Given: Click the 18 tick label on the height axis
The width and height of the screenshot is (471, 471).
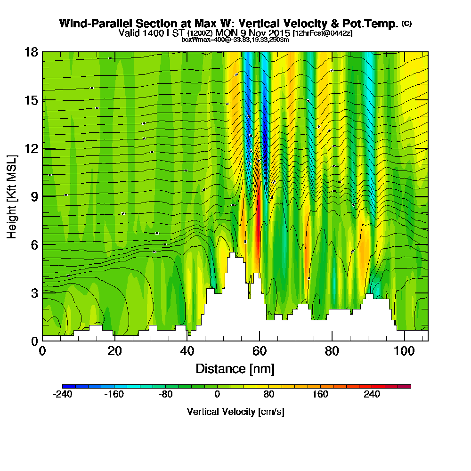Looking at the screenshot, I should click(x=31, y=52).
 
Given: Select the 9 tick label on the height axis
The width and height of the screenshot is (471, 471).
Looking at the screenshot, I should click(x=34, y=196).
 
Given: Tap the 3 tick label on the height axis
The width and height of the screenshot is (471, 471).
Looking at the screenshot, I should click(x=34, y=292).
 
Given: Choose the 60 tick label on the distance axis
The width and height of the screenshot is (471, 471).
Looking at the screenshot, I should click(x=260, y=351).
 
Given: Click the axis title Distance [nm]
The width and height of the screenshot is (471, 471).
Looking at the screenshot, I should click(x=235, y=368).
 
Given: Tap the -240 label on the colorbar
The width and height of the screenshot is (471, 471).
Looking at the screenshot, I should click(x=62, y=395).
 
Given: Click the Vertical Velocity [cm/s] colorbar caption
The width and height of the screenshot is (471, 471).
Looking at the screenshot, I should click(x=235, y=412).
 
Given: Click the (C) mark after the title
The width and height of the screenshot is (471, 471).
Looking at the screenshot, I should click(x=406, y=24).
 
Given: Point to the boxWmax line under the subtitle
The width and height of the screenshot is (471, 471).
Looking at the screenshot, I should click(x=235, y=40).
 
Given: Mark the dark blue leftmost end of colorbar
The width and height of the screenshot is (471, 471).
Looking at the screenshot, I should click(x=65, y=386).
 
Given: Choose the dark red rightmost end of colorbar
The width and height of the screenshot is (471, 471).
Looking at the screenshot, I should click(x=408, y=386).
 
